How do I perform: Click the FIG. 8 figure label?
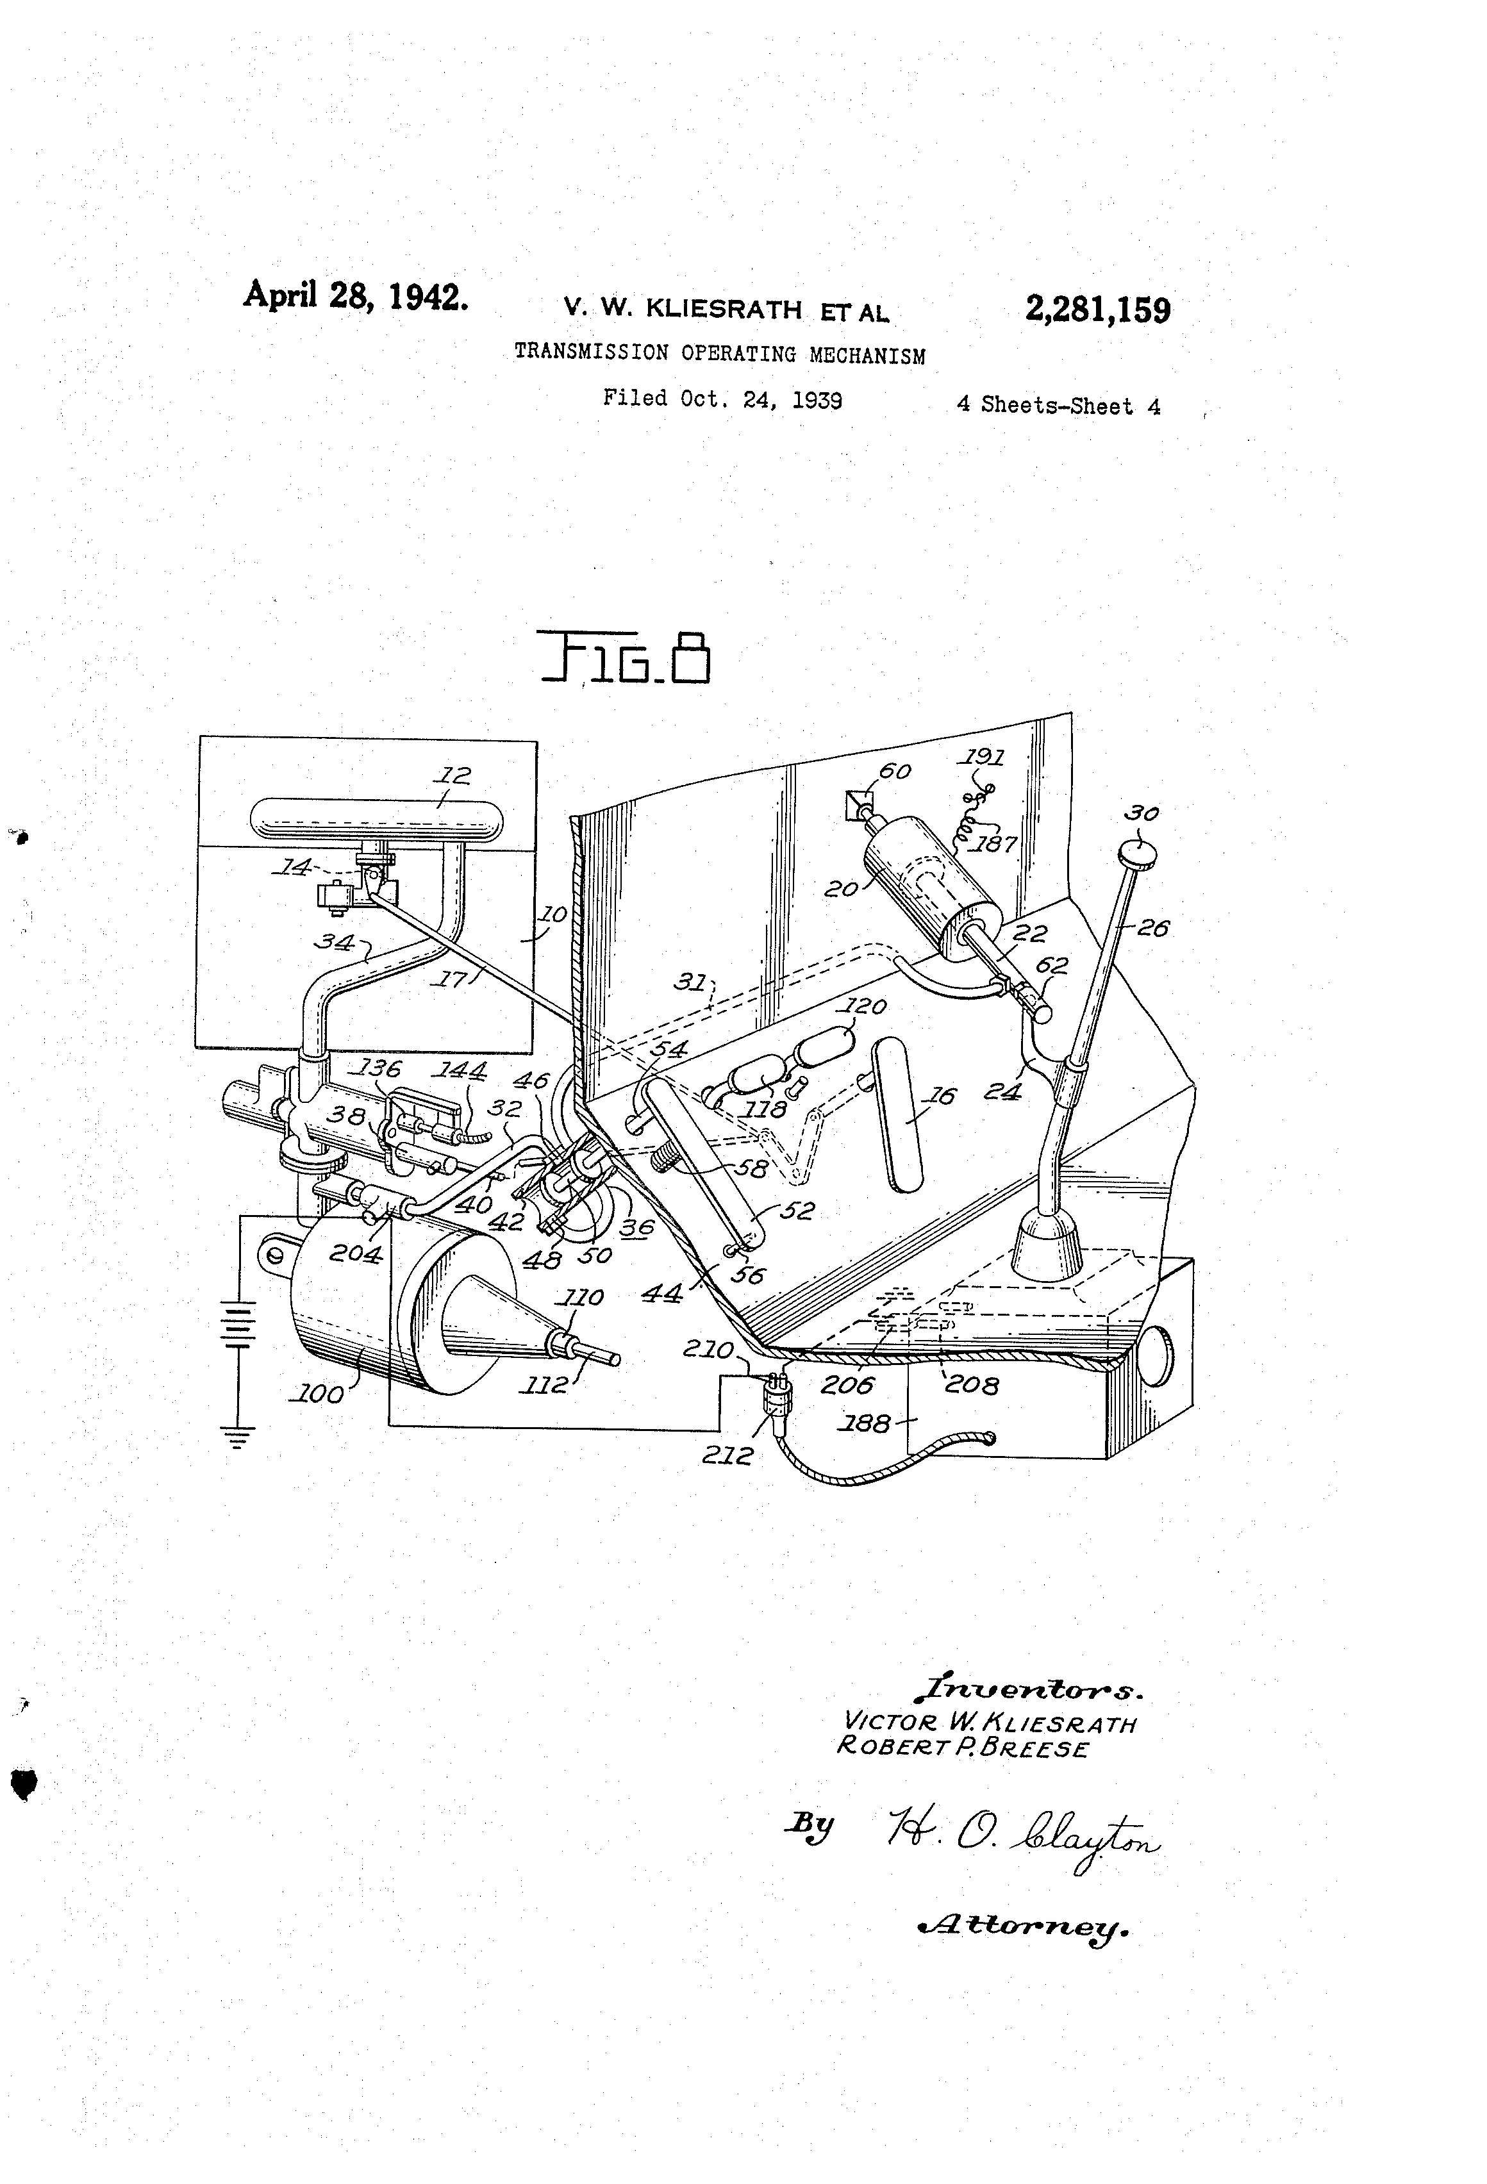pos(624,659)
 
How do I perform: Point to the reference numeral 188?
pos(867,1424)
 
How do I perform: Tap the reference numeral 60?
pos(894,770)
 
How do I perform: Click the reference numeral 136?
pos(379,1068)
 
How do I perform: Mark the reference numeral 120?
pos(865,1007)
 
